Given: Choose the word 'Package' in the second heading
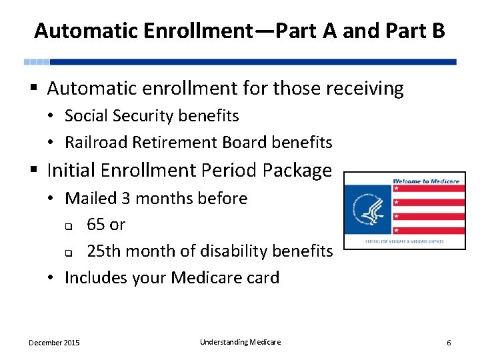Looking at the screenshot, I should coord(297,171).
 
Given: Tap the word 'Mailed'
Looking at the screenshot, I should coord(91,198).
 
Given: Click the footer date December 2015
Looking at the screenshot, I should coord(54,343).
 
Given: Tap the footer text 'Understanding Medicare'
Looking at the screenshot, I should coord(240,342).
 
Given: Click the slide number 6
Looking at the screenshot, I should coord(449,343).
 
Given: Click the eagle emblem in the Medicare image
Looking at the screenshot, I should coord(367,207).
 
